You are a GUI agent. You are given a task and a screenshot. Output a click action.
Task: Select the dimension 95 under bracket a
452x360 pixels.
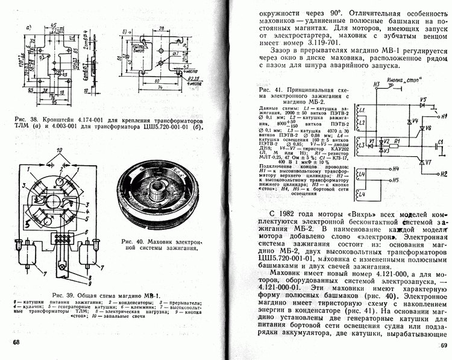coord(54,101)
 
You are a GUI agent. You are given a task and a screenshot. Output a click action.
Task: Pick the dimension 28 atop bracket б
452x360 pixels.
coord(142,27)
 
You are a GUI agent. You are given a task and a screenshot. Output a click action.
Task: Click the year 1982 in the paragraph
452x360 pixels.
coord(287,215)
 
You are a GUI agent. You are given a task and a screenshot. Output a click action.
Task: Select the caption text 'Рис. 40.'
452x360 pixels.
coord(129,239)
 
